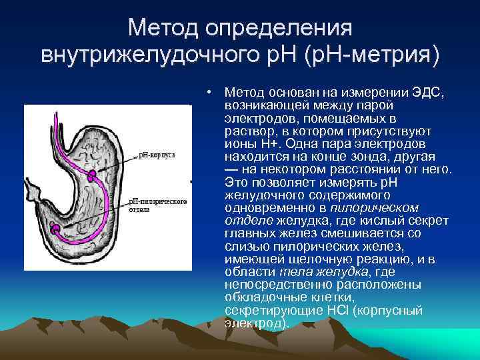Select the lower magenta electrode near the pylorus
point(57,230)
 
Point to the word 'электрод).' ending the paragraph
point(257,323)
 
